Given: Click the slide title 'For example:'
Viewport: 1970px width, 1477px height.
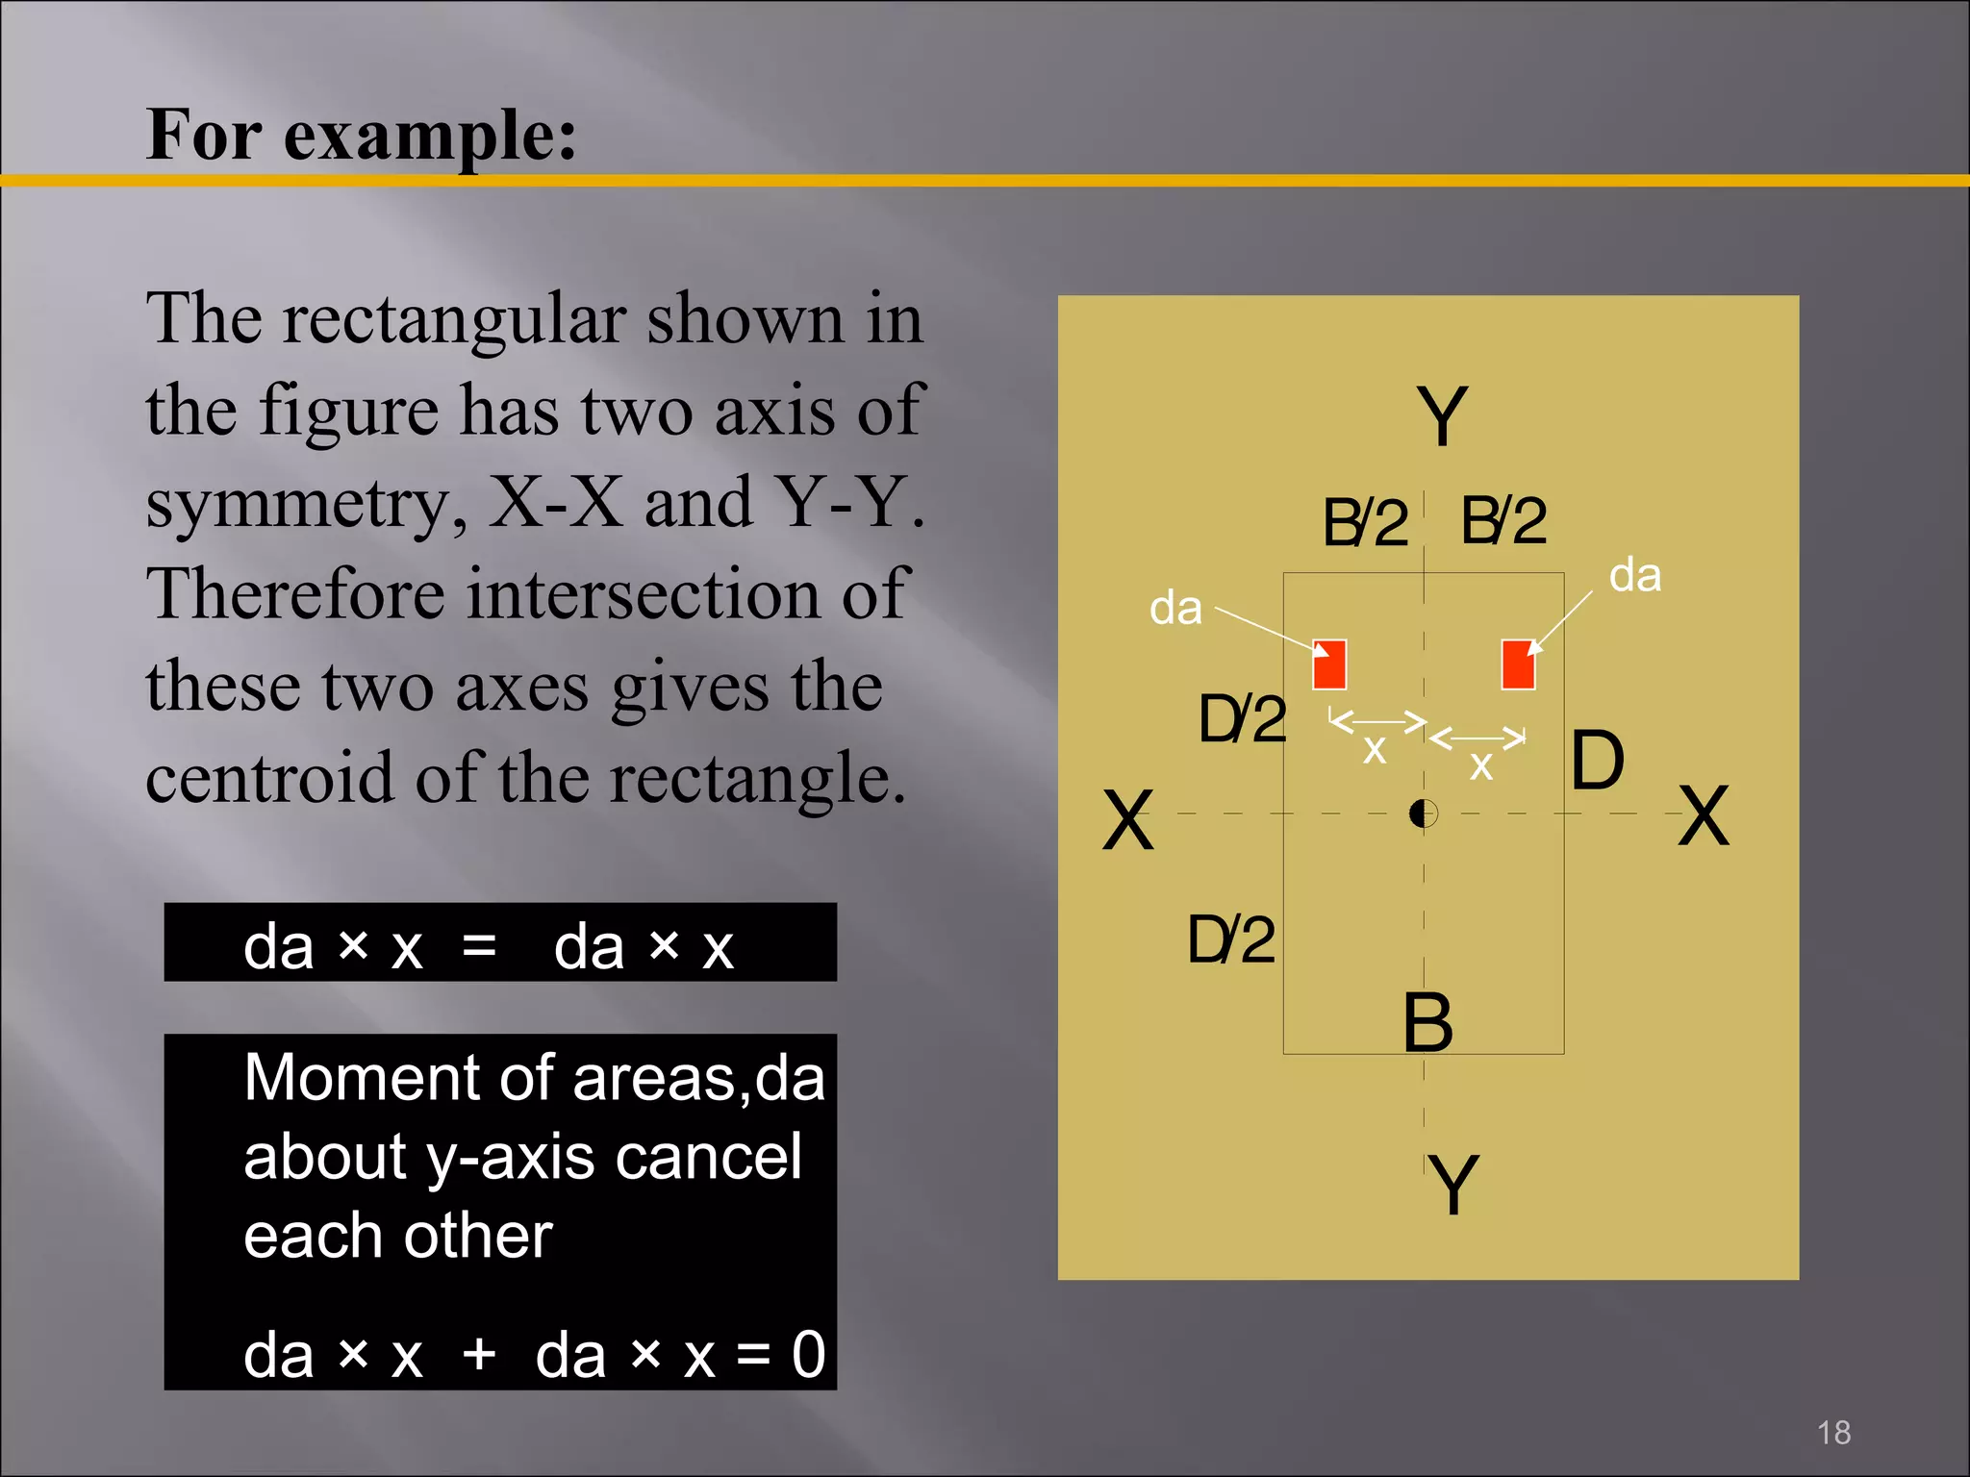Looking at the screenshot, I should coord(362,135).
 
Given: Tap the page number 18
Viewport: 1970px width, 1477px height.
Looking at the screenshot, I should coord(1833,1433).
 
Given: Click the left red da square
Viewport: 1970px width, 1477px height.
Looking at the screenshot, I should coord(1329,664).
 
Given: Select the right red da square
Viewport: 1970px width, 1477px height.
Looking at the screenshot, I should coord(1518,664).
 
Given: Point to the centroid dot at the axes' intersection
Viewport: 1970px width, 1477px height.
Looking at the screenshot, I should coord(1424,814).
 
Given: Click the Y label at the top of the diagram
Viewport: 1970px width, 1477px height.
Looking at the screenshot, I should coord(1442,416).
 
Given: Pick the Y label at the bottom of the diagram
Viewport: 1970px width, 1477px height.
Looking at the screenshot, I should coord(1452,1185).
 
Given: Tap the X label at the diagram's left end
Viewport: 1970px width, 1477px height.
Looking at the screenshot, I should coord(1127,820).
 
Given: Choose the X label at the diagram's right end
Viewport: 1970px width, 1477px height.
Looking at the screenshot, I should coord(1704,815).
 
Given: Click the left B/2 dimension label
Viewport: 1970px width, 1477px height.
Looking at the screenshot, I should coord(1365,523).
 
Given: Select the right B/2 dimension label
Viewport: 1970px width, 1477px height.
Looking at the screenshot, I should coord(1503,520).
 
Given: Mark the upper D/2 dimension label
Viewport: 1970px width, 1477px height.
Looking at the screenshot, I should coord(1242,719).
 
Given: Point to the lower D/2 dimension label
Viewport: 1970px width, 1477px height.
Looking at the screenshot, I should coord(1231,939).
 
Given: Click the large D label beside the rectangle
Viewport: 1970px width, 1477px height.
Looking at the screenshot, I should coord(1598,760).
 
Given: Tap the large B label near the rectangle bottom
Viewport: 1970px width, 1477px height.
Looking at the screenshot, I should coord(1427,1022).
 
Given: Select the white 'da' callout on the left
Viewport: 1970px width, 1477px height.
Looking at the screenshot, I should coord(1175,609).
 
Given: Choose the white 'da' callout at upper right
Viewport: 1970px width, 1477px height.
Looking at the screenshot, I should coord(1635,575).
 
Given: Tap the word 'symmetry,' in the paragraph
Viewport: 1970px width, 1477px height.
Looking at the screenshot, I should coord(307,502).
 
